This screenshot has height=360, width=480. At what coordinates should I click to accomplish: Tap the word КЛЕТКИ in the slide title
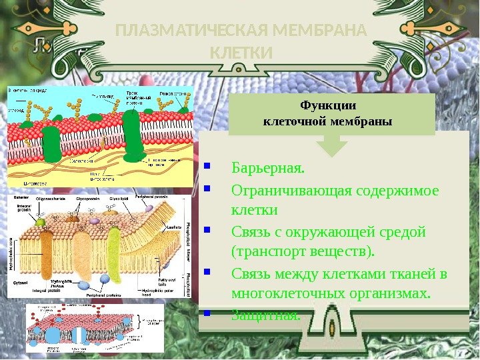pyautogui.click(x=241, y=52)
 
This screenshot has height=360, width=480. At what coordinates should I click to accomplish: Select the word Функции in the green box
pyautogui.click(x=328, y=105)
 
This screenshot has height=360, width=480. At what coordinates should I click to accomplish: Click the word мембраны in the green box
pyautogui.click(x=360, y=122)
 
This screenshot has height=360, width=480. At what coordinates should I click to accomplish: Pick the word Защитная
pyautogui.click(x=265, y=314)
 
